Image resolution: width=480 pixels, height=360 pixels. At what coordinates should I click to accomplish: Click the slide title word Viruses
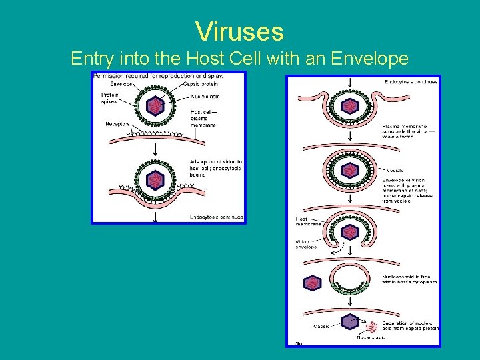click(239, 31)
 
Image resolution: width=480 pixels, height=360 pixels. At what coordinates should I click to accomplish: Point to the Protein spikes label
click(107, 98)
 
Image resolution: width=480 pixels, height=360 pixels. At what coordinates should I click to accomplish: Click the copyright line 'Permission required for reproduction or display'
click(159, 75)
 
